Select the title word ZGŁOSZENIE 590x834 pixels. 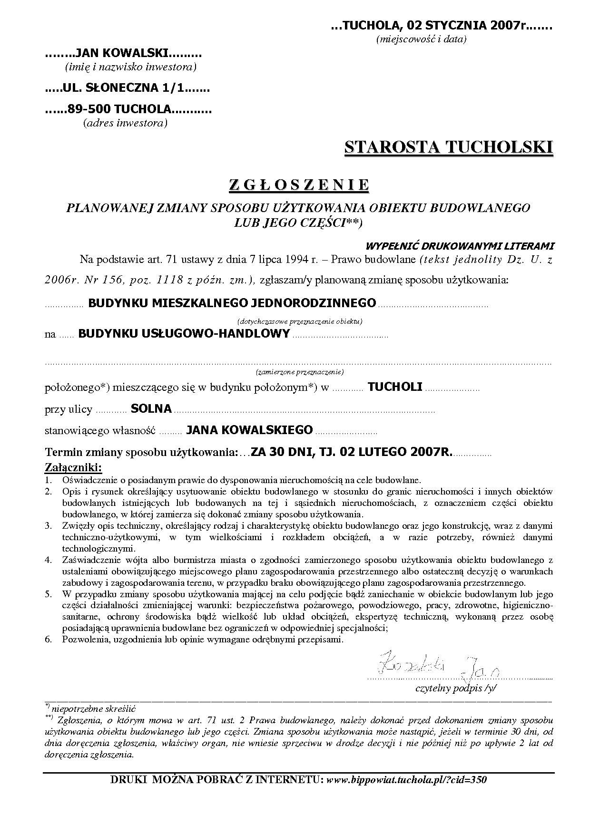click(x=299, y=185)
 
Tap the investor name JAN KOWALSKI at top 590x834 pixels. click(x=123, y=54)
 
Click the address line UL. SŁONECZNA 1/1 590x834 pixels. click(x=127, y=88)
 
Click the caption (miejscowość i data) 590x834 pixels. click(x=421, y=39)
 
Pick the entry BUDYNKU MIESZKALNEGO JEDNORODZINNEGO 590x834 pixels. click(x=232, y=303)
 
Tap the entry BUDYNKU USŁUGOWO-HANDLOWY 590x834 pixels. click(x=184, y=334)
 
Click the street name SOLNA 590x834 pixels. click(x=151, y=408)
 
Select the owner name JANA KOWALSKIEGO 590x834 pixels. click(x=249, y=430)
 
